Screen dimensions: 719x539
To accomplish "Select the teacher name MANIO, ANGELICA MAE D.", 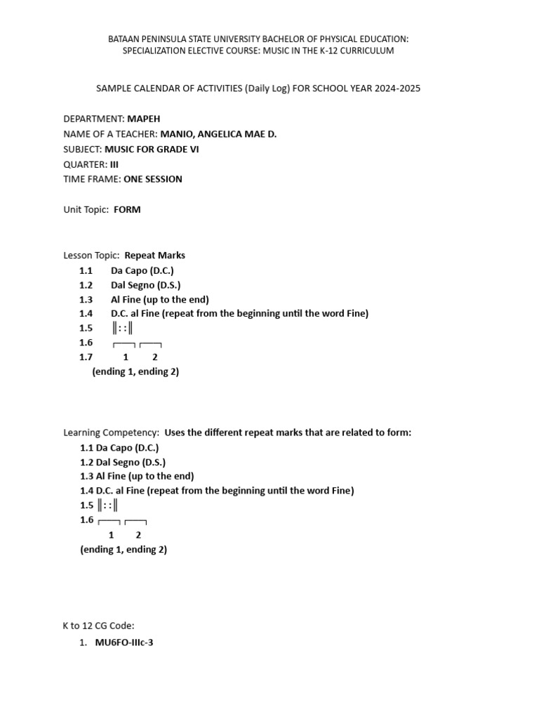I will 218,133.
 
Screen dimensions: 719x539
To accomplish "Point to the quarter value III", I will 114,164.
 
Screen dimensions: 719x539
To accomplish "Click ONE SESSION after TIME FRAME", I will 152,179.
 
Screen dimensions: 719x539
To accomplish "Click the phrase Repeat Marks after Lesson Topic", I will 154,256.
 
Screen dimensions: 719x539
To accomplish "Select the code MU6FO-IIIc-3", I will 124,642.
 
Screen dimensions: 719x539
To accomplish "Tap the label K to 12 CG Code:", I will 98,626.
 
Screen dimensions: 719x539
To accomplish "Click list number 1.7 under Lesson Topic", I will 86,357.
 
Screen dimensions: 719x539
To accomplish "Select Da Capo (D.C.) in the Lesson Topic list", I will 142,270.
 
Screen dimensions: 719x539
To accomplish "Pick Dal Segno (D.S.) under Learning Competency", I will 131,462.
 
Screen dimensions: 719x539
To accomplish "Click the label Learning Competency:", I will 112,433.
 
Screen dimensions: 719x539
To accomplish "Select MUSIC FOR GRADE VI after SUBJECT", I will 152,149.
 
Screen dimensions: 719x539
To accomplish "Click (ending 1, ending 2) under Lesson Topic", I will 135,371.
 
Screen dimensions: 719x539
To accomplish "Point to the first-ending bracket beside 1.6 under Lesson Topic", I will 124,344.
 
